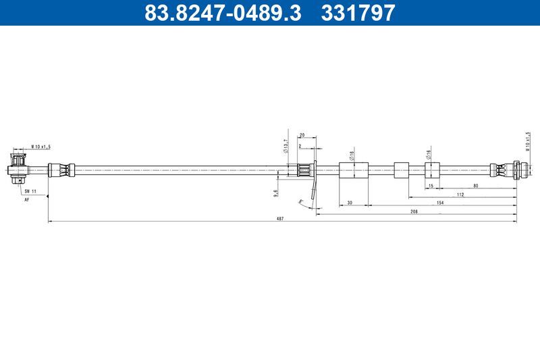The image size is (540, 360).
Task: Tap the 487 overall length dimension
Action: click(x=280, y=218)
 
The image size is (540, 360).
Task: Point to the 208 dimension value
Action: click(x=414, y=211)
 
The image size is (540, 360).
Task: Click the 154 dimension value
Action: click(x=439, y=202)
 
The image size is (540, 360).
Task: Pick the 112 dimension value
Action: click(x=460, y=194)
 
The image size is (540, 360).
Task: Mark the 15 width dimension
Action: click(x=430, y=185)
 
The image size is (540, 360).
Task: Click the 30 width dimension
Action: click(x=350, y=202)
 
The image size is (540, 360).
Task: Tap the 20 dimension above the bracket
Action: click(x=302, y=136)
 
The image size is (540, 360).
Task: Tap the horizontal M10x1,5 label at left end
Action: click(x=41, y=147)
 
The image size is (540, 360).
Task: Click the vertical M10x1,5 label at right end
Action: click(x=527, y=143)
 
